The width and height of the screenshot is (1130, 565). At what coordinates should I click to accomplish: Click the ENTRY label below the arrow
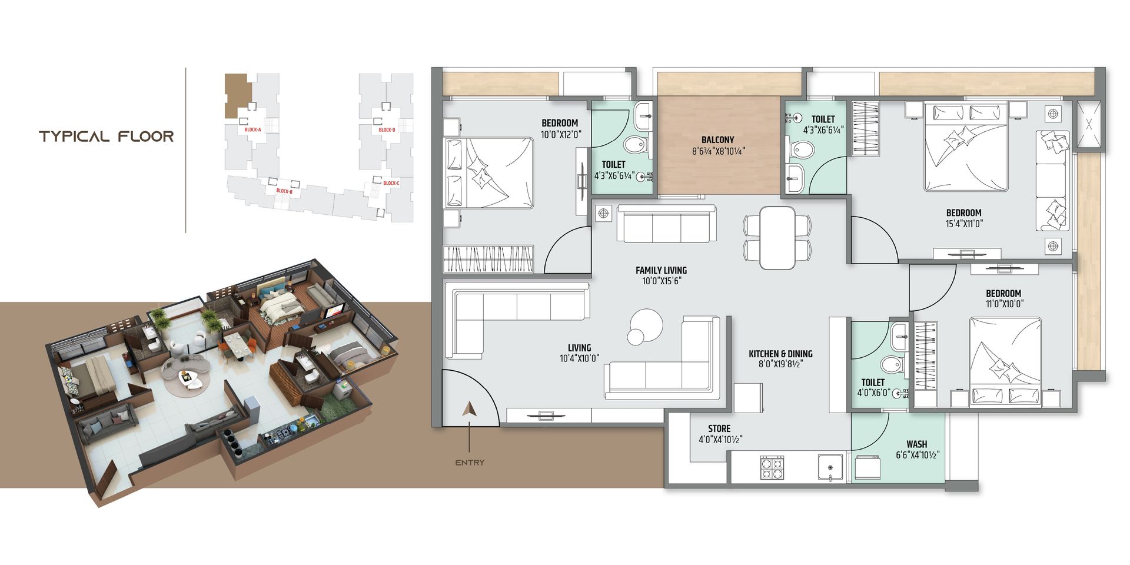(x=470, y=463)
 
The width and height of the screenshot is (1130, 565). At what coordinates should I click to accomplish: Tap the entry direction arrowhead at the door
(x=469, y=409)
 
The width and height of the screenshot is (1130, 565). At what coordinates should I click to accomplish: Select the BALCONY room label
(x=717, y=140)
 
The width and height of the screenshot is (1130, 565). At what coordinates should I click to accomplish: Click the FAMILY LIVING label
(x=661, y=271)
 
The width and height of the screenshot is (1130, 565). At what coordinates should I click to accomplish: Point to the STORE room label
(x=719, y=429)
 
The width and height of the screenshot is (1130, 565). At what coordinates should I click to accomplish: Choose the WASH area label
(x=916, y=444)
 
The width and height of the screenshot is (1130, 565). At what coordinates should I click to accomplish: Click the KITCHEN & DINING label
(x=780, y=354)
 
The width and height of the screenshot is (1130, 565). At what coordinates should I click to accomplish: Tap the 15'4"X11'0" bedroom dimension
(x=963, y=224)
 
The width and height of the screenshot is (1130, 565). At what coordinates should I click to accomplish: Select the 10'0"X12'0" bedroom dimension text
(x=561, y=134)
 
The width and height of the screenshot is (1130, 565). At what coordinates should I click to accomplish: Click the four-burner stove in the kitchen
(x=772, y=468)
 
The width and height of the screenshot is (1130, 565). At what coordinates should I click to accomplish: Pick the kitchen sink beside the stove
(x=830, y=468)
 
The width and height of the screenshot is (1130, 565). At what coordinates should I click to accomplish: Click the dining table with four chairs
(x=777, y=238)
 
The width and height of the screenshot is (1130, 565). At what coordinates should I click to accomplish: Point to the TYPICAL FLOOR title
(x=107, y=137)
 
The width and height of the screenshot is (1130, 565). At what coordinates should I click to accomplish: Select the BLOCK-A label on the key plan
(x=252, y=129)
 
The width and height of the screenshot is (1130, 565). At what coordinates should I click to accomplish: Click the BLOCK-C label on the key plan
(x=391, y=183)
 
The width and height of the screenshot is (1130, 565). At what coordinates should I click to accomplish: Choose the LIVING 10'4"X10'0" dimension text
(x=579, y=358)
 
